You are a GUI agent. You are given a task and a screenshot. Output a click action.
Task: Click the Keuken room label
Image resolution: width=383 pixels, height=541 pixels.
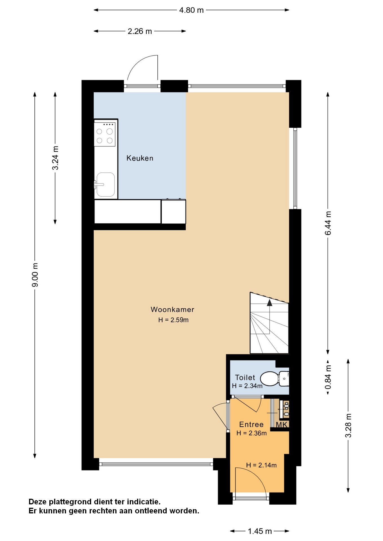pos(140,158)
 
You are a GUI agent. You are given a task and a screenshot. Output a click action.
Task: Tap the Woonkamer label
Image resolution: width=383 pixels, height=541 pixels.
pos(173,309)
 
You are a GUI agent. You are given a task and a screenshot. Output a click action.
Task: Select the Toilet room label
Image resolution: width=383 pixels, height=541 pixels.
pos(245,377)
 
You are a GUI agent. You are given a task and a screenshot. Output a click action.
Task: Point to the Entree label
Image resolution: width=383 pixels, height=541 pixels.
pos(251,424)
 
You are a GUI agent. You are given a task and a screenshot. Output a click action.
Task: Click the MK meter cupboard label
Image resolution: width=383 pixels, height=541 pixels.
pos(281,425)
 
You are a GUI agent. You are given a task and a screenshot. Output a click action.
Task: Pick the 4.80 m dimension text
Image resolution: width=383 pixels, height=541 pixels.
pos(191,10)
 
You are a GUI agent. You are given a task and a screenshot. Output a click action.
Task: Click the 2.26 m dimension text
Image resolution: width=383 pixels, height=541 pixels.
pos(140,31)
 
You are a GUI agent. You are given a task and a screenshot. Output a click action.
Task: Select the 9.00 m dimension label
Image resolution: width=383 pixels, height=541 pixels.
pos(35,275)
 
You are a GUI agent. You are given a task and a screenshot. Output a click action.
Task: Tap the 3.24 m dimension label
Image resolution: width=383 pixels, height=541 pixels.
pos(55,158)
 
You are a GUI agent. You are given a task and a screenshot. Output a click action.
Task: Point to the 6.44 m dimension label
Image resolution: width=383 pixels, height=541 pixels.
pos(328,223)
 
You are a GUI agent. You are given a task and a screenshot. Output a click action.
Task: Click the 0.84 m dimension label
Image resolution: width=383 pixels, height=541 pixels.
pos(328,377)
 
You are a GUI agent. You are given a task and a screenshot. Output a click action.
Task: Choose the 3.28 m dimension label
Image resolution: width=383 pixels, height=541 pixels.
pos(349,425)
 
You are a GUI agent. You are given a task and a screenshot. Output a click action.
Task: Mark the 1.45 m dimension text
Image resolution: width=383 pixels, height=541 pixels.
pos(260,531)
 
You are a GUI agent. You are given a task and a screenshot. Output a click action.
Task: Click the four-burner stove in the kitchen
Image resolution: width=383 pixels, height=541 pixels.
pos(105,134)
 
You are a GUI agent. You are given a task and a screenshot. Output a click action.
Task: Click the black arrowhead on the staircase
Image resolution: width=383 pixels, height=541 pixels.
pos(270,303)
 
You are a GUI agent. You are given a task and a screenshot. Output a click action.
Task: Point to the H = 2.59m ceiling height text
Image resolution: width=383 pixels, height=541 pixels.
pos(173,320)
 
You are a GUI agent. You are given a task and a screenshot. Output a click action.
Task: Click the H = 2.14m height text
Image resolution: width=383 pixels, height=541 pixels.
pos(261,465)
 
